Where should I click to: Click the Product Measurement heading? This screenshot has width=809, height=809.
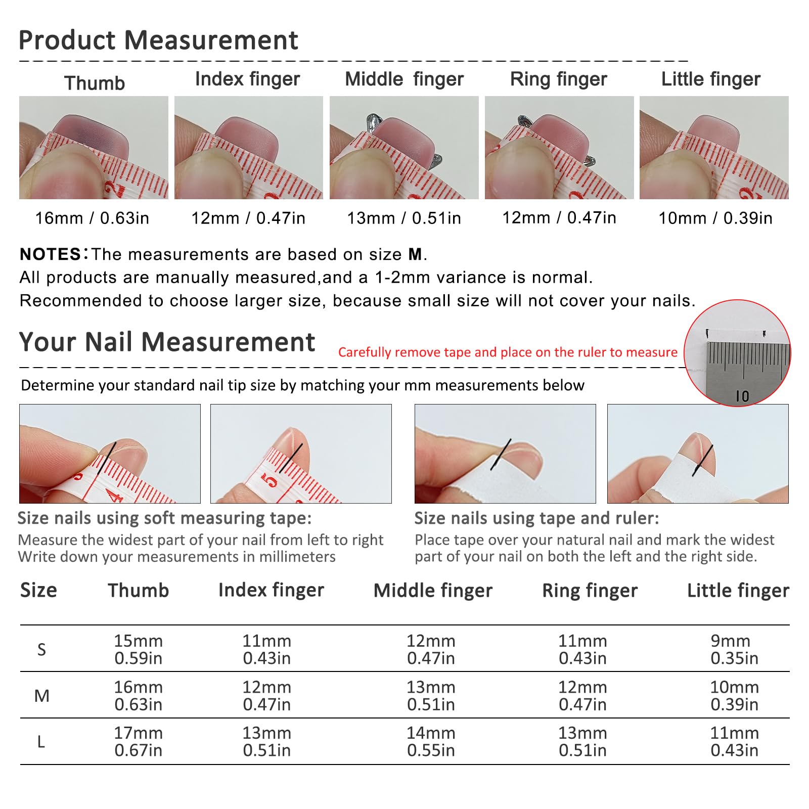tap(158, 40)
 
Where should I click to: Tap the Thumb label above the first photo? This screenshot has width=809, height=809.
tap(95, 83)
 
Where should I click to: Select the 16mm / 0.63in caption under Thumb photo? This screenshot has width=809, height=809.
tap(92, 218)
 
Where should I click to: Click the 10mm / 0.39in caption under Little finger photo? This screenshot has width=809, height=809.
tap(715, 218)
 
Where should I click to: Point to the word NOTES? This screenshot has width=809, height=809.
tap(50, 254)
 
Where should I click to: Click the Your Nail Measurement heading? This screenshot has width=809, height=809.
tap(167, 342)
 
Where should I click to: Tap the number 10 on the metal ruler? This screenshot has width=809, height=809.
tap(742, 396)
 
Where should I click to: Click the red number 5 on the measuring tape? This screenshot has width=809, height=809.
tap(269, 479)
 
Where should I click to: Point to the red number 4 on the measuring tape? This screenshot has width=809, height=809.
tap(115, 493)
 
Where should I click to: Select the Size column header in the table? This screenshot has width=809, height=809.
tap(38, 590)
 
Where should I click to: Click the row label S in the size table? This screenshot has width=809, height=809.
tap(41, 649)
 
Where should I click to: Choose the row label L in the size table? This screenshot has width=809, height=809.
tap(41, 742)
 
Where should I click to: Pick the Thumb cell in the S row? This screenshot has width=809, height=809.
tap(138, 649)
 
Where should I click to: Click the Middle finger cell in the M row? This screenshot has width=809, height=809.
tap(431, 696)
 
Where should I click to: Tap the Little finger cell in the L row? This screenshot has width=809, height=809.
tap(734, 741)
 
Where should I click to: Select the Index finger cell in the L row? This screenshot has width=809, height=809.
tap(266, 741)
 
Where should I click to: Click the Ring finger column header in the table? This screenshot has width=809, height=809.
tap(590, 591)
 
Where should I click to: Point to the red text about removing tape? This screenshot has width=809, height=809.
tap(508, 352)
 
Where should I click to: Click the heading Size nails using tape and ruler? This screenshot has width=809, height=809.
tap(536, 518)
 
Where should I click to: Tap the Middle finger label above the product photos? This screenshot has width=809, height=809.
tap(404, 79)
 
